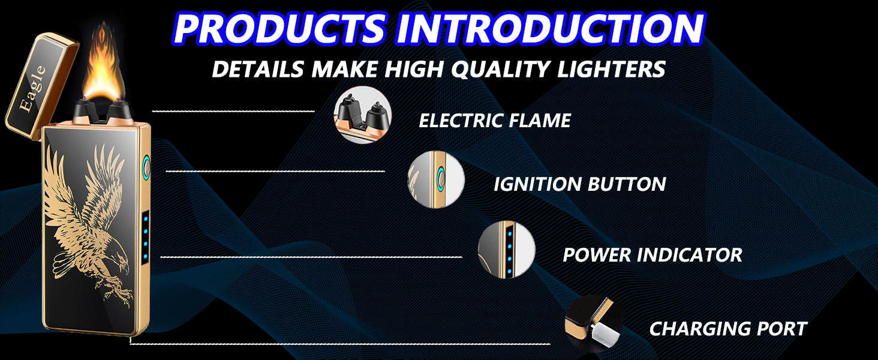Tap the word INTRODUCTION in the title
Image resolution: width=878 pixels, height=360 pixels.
click(549, 28)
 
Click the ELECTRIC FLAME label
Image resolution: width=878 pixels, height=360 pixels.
click(494, 121)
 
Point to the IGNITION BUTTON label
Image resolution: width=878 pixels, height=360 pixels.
click(579, 184)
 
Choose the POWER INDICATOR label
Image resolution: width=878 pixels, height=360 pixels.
click(652, 254)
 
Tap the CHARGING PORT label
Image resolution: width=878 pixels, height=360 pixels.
click(728, 329)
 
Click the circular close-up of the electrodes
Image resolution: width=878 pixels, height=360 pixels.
click(362, 115)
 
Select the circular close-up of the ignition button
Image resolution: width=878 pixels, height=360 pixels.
click(436, 179)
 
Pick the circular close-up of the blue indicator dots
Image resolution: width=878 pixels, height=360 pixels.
click(506, 250)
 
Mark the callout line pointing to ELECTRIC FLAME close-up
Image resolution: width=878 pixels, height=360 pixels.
click(234, 111)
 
